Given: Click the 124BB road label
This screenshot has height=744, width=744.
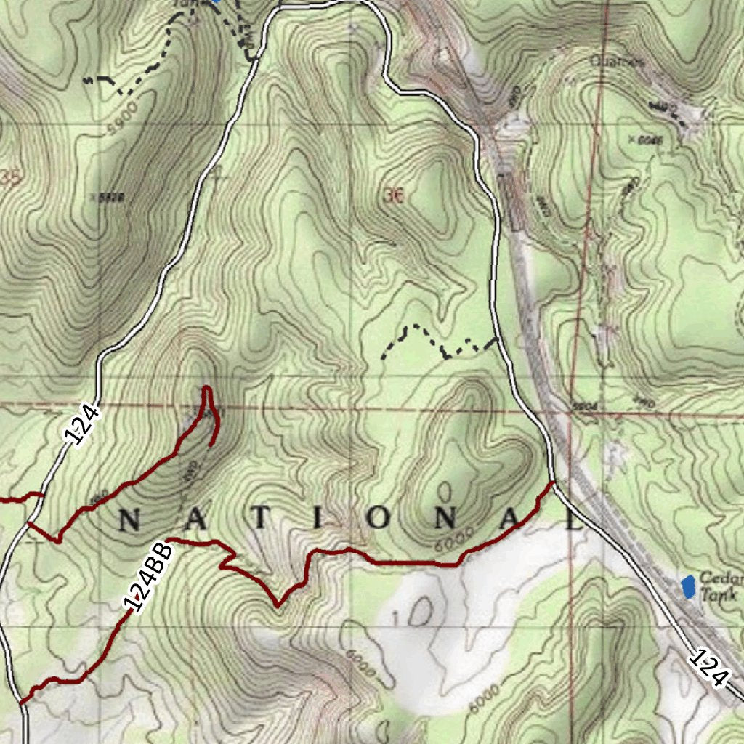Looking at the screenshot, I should pyautogui.click(x=148, y=576).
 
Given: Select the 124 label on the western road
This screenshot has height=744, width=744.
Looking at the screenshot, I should pyautogui.click(x=81, y=425).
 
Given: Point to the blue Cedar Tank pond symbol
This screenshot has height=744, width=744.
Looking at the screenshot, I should pyautogui.click(x=687, y=586).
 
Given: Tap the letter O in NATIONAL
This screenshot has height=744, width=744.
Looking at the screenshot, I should pyautogui.click(x=377, y=519).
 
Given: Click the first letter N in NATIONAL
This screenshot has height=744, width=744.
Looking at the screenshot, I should pyautogui.click(x=129, y=519).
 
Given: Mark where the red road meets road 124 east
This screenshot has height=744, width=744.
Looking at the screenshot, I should pyautogui.click(x=554, y=482).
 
